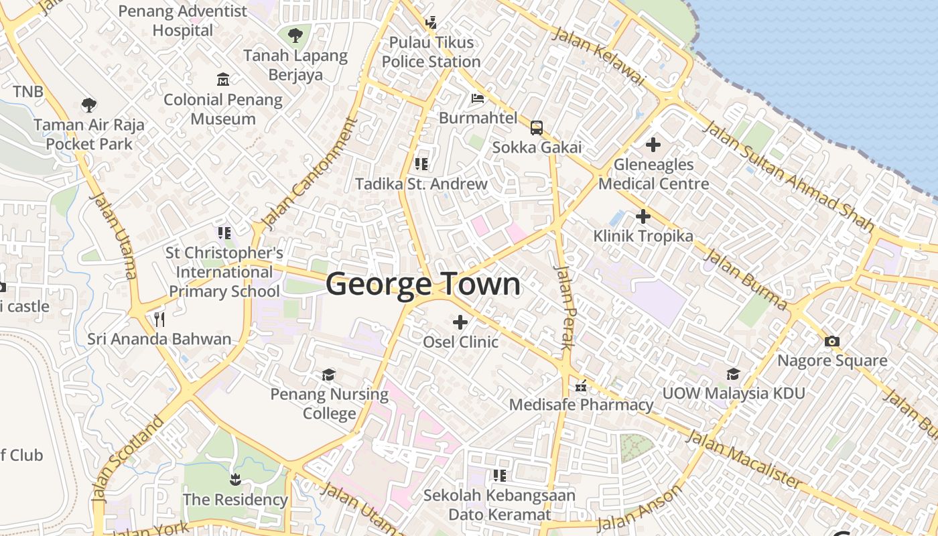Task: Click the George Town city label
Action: [x=423, y=284]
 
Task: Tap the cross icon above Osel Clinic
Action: [x=460, y=322]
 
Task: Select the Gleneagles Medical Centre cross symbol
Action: [x=653, y=144]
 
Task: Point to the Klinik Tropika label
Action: [x=643, y=236]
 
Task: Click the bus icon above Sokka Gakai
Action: [x=537, y=127]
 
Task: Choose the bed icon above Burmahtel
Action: [x=478, y=98]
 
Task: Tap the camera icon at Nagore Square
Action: [x=832, y=341]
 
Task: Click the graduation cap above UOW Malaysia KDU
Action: [x=734, y=374]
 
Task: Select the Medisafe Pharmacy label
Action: [x=581, y=405]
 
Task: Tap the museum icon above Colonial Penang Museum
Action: [x=223, y=80]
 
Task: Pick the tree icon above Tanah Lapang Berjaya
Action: [x=295, y=36]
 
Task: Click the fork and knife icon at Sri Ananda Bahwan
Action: [x=159, y=319]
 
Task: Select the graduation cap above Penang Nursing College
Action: [x=329, y=374]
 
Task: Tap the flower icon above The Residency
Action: [x=235, y=479]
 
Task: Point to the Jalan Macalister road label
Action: [x=744, y=460]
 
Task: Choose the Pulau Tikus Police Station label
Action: [x=431, y=52]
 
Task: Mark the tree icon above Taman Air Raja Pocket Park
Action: [x=88, y=105]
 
